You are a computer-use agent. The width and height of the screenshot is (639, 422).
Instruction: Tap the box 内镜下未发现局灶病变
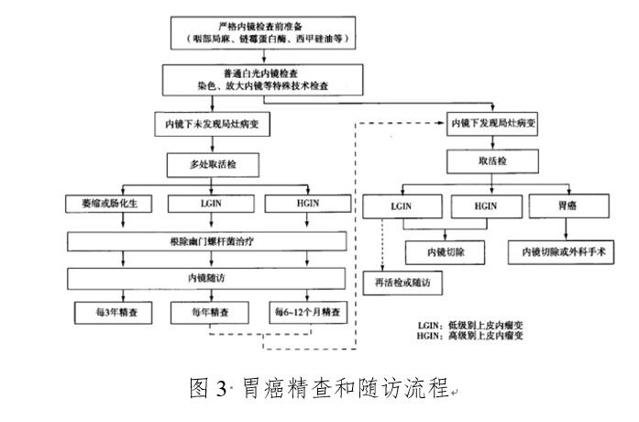pos(212,124)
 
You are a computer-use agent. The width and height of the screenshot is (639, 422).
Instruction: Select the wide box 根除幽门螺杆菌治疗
pos(211,241)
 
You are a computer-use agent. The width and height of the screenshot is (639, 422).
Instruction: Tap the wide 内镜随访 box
pos(211,277)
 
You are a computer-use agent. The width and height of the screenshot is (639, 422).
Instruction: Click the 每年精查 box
pos(212,313)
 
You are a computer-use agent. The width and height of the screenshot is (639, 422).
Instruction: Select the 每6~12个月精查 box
pos(311,313)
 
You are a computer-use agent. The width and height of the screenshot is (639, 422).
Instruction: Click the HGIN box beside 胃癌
pos(486,205)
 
